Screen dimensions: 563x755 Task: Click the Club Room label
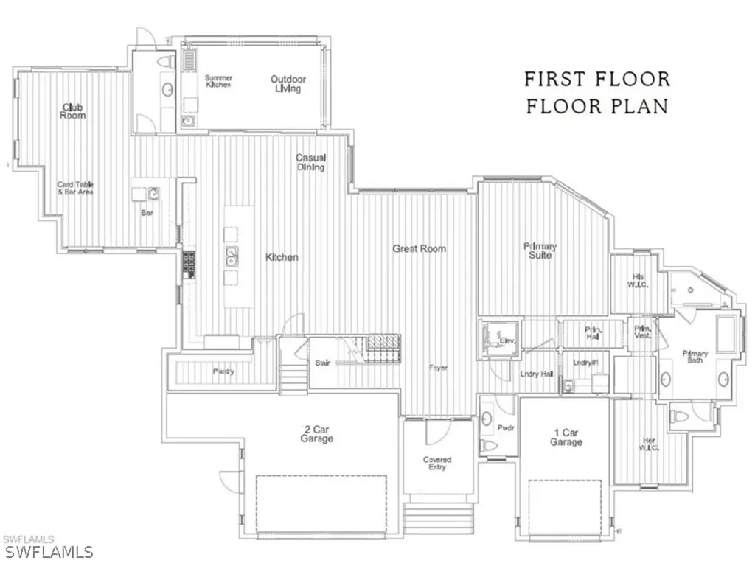(73, 111)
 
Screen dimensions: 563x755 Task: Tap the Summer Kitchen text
(218, 81)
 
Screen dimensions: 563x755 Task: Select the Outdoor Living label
(288, 84)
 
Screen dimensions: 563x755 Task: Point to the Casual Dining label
(311, 162)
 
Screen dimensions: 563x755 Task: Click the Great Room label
(419, 249)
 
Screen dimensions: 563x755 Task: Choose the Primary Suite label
(540, 251)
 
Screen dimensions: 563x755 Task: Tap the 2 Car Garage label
(316, 433)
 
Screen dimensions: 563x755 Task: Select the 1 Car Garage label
(566, 437)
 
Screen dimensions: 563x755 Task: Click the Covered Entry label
(437, 463)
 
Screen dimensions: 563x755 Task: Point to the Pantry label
(223, 371)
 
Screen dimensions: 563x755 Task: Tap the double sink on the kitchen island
(232, 257)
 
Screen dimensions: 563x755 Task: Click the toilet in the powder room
(487, 444)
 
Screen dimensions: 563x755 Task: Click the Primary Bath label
(695, 357)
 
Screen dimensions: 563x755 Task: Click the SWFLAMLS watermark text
(47, 551)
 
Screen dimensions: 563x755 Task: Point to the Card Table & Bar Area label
(76, 188)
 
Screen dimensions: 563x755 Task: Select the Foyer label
(438, 368)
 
